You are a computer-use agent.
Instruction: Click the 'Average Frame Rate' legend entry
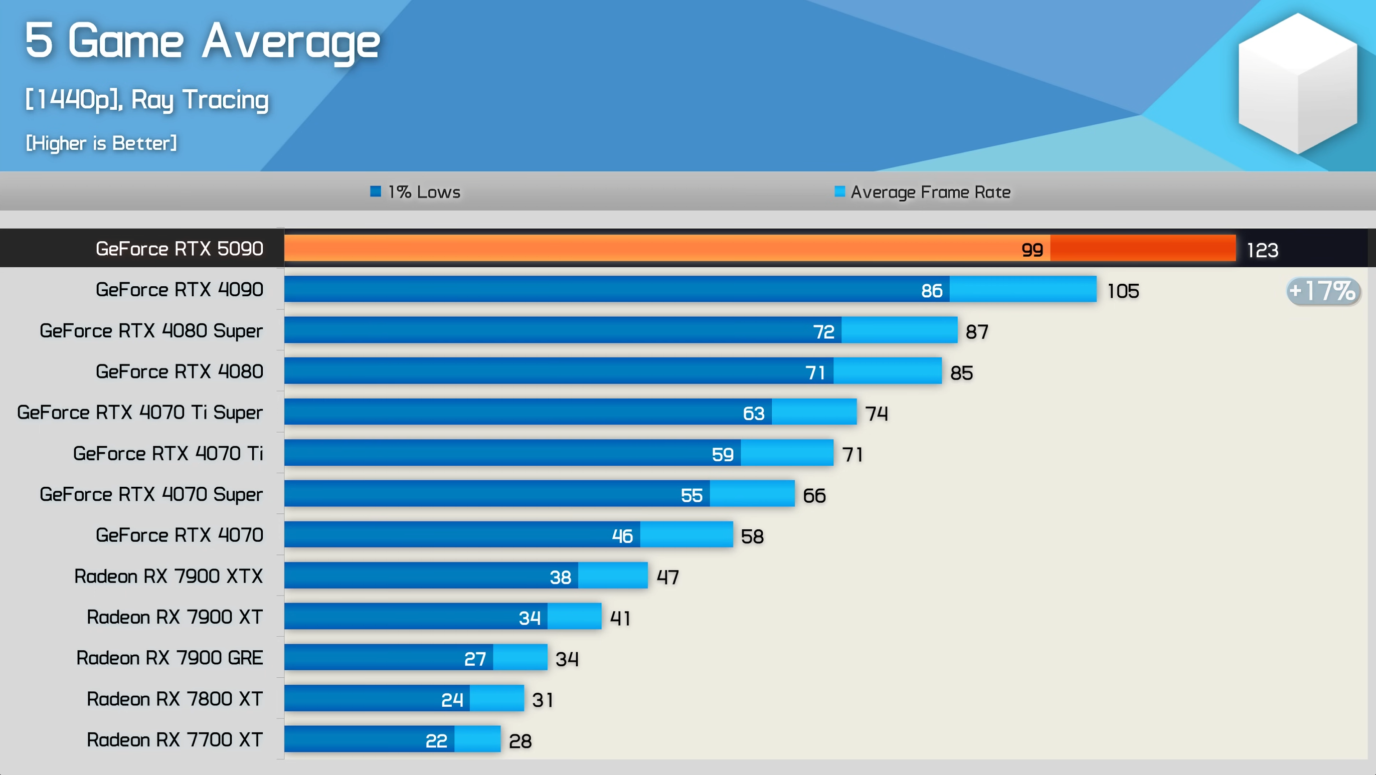click(923, 192)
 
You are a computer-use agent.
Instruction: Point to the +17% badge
click(1322, 291)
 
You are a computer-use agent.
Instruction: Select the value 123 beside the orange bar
click(1262, 250)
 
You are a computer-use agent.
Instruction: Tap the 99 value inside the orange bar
click(1032, 250)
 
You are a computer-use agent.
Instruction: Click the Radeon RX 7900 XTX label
click(168, 576)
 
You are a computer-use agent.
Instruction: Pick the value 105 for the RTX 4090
click(1123, 291)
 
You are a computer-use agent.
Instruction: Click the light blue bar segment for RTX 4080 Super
click(899, 330)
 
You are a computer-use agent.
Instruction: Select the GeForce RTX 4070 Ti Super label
click(140, 413)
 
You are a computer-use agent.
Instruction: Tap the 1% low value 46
click(622, 536)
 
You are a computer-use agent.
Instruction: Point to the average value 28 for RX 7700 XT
click(520, 741)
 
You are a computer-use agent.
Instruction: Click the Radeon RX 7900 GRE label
click(169, 658)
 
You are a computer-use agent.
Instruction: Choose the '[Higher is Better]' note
click(101, 143)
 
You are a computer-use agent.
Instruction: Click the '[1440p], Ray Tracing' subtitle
click(147, 100)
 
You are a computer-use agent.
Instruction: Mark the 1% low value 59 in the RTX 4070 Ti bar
click(722, 454)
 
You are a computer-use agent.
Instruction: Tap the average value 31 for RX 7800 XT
click(542, 700)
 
